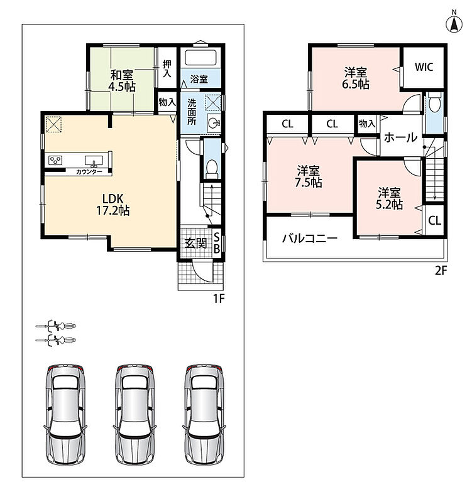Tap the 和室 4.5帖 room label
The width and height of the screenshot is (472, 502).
[121, 81]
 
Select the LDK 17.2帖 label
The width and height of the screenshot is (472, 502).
[113, 205]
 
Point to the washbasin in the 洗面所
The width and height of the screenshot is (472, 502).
[214, 122]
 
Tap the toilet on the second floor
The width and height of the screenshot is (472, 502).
[434, 102]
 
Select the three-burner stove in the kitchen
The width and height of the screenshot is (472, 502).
[55, 160]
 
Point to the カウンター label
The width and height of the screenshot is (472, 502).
[89, 172]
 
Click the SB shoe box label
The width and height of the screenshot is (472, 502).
[216, 243]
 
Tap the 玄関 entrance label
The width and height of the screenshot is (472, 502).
[195, 243]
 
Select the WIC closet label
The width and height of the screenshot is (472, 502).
[424, 67]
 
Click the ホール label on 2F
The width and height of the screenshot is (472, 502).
[401, 137]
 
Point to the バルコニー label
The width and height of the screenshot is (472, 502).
[310, 238]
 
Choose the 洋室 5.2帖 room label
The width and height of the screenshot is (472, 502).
[389, 198]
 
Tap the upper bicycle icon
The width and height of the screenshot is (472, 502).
[55, 326]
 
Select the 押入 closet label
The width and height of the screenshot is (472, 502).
[167, 68]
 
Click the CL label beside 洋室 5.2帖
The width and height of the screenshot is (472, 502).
[434, 220]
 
